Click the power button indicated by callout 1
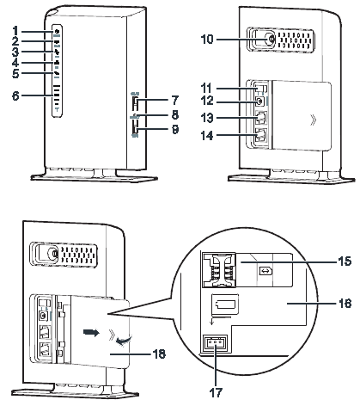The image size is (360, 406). [x=56, y=31]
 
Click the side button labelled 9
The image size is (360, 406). [x=135, y=128]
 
